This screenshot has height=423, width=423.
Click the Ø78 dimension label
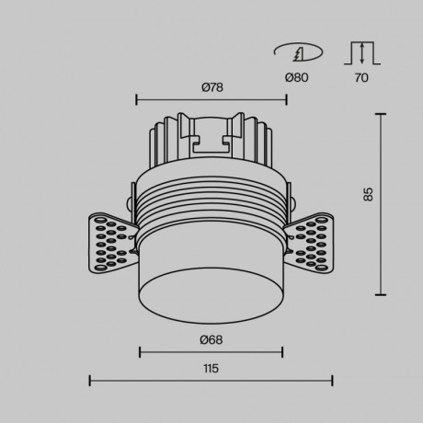211,87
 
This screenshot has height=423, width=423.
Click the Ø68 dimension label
211,339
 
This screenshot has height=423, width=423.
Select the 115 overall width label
211,368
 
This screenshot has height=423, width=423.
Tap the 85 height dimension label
367,194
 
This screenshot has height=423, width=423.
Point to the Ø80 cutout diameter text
296,77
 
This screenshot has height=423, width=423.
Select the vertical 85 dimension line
381,204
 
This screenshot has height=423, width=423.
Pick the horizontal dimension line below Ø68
211,350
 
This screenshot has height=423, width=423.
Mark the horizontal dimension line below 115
211,380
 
